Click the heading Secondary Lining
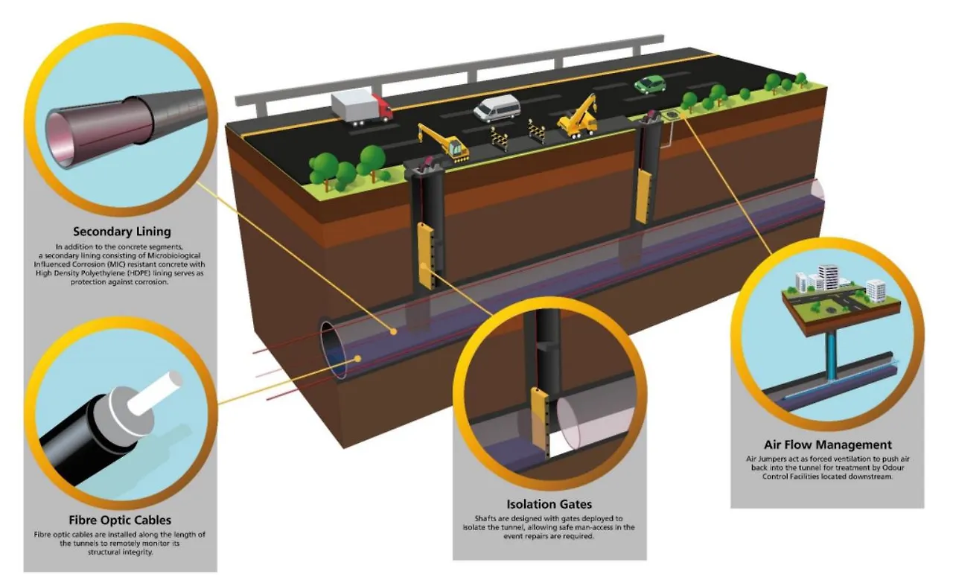[x=121, y=232]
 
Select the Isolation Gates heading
[x=549, y=504]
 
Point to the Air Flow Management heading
[x=827, y=445]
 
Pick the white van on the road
[x=497, y=109]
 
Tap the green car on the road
[x=649, y=84]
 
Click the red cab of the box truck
[x=383, y=109]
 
